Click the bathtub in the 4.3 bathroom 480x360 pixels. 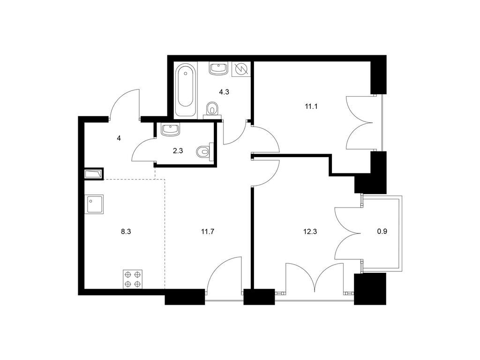186,90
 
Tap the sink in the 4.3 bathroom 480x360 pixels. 218,68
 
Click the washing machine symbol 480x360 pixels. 241,69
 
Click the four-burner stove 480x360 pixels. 133,279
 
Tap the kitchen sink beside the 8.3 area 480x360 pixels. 94,204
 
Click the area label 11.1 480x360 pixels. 311,106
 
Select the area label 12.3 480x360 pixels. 310,232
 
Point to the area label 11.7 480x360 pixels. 208,232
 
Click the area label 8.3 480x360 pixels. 126,232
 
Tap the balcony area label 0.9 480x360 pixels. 382,232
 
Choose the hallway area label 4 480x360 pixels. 119,138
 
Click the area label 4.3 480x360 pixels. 224,92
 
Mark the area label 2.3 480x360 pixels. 178,150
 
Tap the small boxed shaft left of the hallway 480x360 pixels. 94,174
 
